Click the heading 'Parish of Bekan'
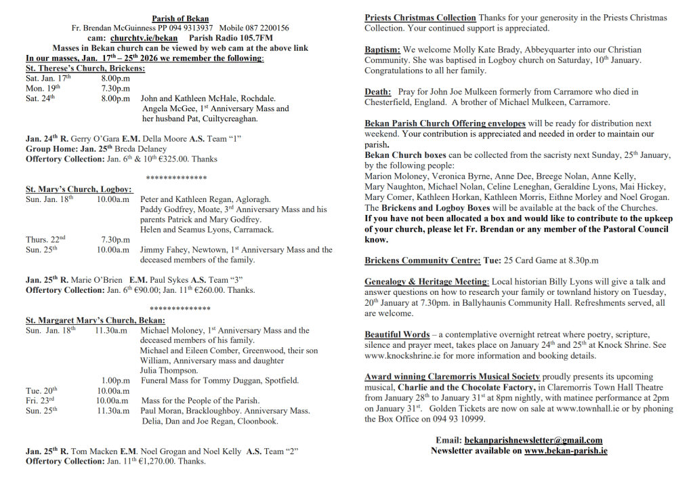tap(180, 19)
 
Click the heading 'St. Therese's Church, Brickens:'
tap(85, 68)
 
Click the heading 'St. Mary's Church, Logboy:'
tap(79, 190)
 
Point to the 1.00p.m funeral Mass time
tap(115, 380)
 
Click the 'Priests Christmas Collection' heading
tap(420, 18)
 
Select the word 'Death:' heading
tap(378, 92)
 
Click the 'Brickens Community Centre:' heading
tap(423, 260)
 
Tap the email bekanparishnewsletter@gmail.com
tap(534, 441)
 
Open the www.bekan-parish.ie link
tap(566, 451)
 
